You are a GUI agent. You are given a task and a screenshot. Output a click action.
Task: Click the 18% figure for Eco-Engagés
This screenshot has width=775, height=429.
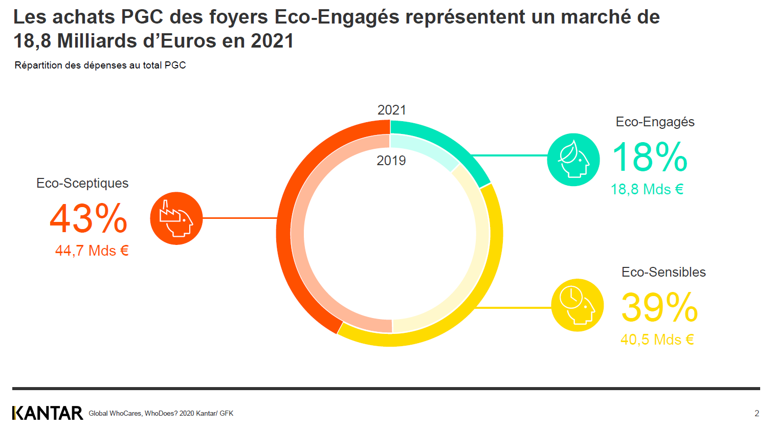point(650,157)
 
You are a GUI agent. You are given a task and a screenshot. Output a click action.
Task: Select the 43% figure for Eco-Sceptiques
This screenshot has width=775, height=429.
point(88,218)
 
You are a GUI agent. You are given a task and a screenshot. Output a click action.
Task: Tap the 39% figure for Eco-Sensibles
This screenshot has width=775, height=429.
point(659,307)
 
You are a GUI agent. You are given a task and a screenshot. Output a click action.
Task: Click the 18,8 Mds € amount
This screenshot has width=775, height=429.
point(647,189)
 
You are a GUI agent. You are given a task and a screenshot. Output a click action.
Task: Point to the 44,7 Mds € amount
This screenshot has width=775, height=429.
point(92,251)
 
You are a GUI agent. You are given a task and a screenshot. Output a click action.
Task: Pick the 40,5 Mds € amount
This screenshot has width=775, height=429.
point(657,340)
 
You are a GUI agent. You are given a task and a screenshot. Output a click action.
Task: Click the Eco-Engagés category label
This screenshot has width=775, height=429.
point(655,122)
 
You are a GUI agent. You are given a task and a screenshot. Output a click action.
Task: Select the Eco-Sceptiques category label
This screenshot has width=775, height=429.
point(82,183)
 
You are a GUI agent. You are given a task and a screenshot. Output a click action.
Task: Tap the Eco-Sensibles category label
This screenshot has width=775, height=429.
point(663,272)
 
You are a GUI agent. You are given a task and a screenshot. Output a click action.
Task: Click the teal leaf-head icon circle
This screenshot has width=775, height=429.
point(573,160)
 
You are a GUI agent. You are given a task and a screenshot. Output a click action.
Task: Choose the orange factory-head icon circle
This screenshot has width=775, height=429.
point(176,218)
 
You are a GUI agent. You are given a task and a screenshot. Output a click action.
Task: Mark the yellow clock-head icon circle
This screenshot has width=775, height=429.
point(577,305)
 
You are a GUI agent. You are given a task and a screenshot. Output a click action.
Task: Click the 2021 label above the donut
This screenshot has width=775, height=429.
point(391,110)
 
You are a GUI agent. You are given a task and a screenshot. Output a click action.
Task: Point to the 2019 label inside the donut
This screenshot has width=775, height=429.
point(391,161)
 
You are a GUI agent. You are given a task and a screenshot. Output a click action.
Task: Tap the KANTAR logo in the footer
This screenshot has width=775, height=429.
point(48,413)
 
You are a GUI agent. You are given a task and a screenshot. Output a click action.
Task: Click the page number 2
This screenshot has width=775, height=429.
point(757,413)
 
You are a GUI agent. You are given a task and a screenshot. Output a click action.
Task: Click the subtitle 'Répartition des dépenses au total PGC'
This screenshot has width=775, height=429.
point(100,65)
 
